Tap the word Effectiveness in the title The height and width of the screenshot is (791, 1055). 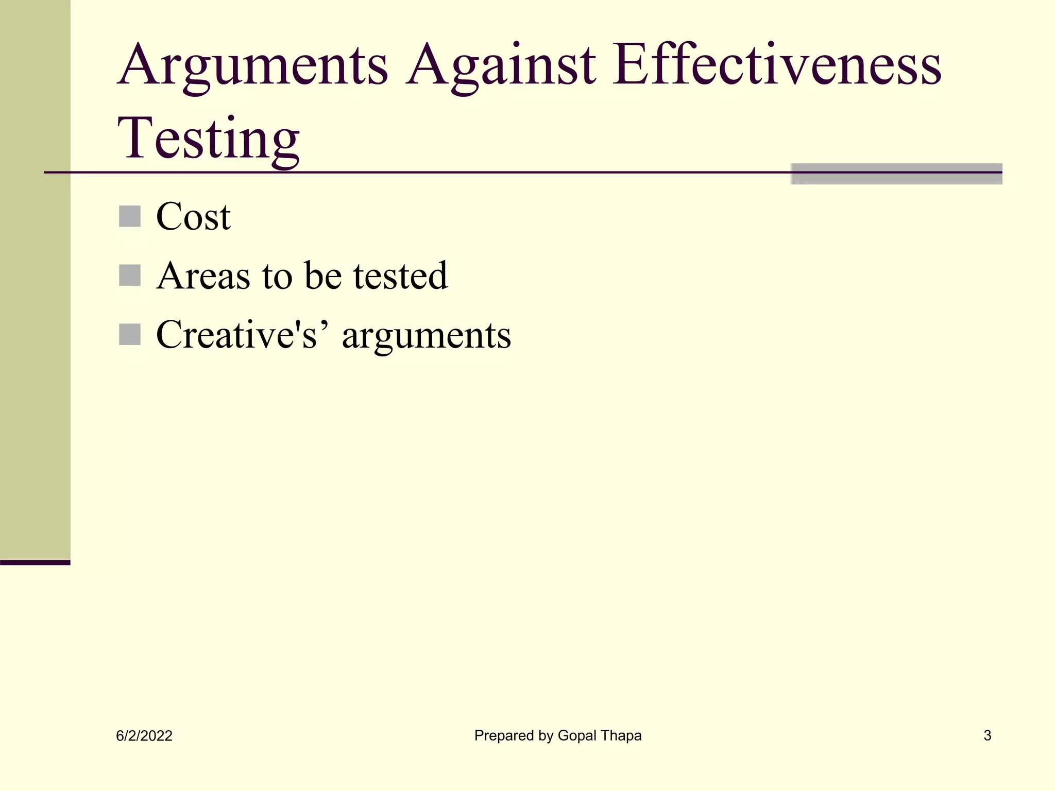click(777, 66)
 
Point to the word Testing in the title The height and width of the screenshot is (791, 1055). click(208, 139)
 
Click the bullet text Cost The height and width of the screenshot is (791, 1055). click(193, 217)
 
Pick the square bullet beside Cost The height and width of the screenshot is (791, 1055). click(130, 216)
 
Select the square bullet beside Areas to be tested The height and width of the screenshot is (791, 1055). click(130, 276)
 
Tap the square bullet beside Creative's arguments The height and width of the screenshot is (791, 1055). click(130, 335)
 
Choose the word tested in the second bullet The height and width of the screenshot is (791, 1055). click(400, 276)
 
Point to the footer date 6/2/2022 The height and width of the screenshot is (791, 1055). click(144, 736)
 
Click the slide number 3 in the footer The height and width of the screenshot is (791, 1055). click(987, 735)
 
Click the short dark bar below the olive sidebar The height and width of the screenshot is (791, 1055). click(35, 562)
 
